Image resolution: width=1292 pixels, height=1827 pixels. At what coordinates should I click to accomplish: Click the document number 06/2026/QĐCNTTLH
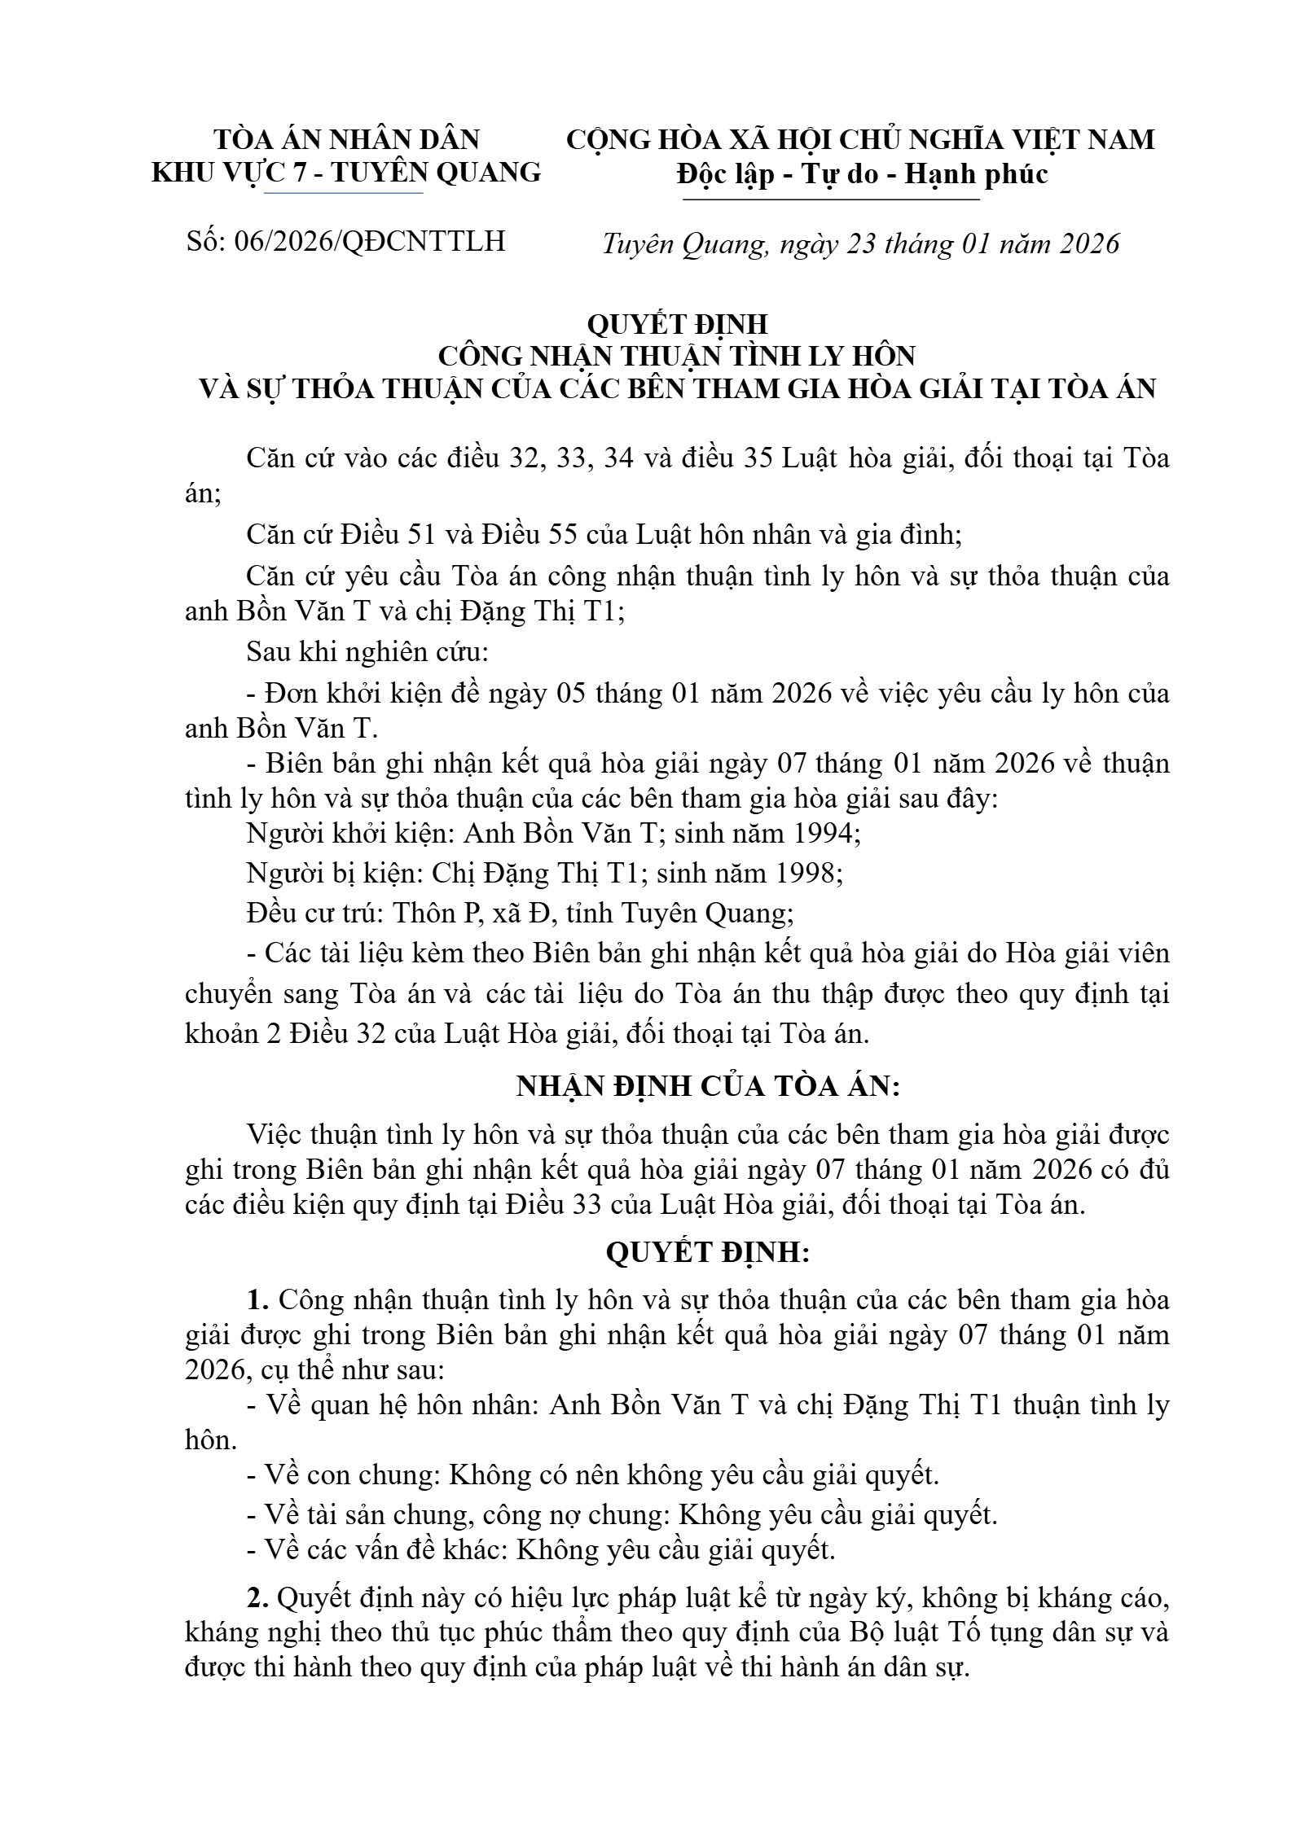370,241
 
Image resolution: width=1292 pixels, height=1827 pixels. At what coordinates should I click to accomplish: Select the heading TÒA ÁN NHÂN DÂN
346,140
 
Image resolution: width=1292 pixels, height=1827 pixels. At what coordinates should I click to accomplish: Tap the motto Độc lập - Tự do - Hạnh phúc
862,174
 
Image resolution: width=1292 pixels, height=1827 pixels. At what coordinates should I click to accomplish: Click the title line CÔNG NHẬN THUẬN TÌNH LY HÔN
677,356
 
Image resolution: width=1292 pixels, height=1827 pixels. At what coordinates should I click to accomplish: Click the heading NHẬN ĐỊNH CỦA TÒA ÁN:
708,1086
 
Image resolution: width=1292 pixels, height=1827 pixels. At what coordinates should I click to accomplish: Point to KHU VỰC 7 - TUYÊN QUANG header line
346,173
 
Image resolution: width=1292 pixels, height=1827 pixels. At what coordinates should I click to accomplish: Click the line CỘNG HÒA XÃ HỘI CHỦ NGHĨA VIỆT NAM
860,140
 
